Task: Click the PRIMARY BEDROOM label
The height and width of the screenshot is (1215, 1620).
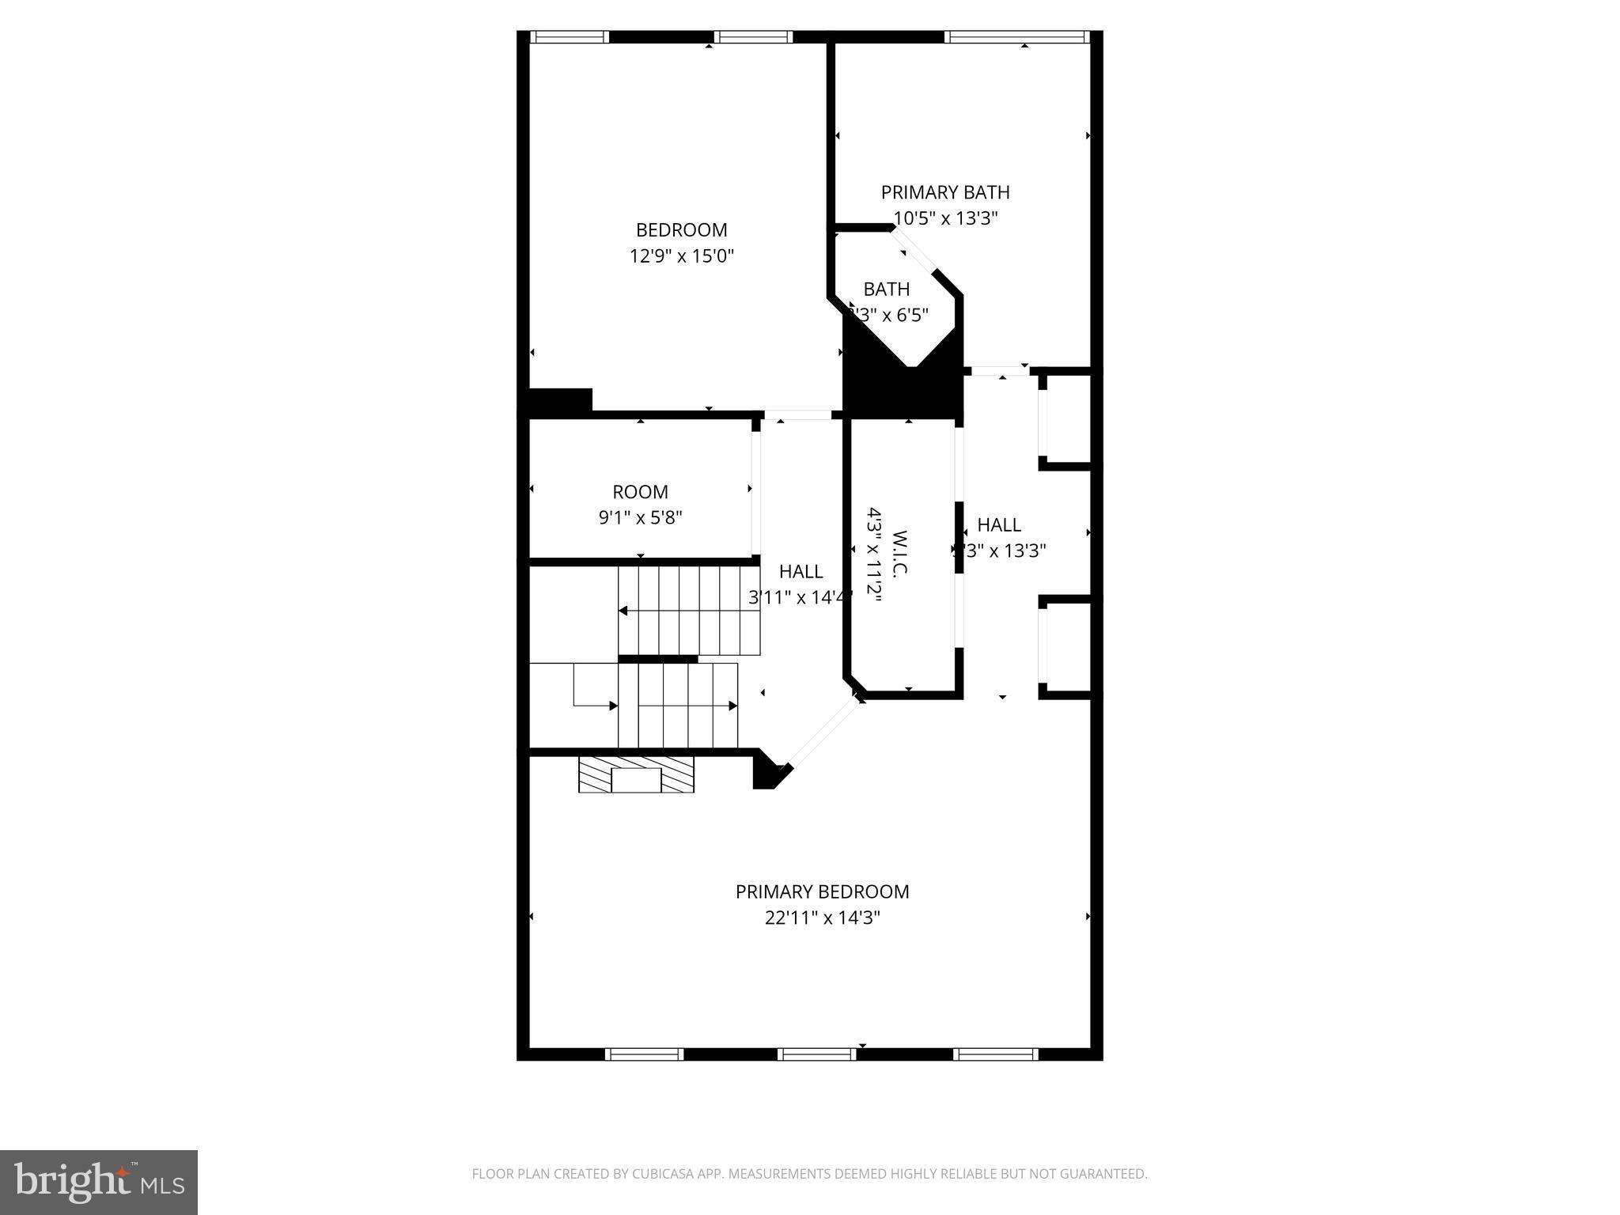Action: [822, 891]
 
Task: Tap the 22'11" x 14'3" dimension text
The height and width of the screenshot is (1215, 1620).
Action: [822, 918]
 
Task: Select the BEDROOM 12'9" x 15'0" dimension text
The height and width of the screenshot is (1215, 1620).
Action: [682, 255]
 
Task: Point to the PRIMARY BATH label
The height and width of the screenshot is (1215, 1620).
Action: [945, 192]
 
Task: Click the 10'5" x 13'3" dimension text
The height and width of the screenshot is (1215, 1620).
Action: [945, 218]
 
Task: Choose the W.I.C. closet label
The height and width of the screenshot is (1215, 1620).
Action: [899, 553]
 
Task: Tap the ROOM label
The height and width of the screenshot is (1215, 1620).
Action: [640, 492]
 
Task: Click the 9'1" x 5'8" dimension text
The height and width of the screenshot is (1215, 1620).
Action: [640, 517]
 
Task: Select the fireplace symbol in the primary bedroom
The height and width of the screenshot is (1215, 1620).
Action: [636, 775]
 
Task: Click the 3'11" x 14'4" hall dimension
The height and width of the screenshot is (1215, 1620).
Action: [800, 597]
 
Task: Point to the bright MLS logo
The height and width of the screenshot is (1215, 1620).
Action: [98, 1183]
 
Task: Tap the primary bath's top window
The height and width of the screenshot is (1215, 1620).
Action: [1016, 36]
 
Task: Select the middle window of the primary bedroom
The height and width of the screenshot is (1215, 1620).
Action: [817, 1054]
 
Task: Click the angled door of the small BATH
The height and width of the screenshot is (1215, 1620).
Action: [912, 251]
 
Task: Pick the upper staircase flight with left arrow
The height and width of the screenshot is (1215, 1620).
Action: [688, 610]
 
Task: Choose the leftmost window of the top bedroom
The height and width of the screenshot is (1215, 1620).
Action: [569, 36]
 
